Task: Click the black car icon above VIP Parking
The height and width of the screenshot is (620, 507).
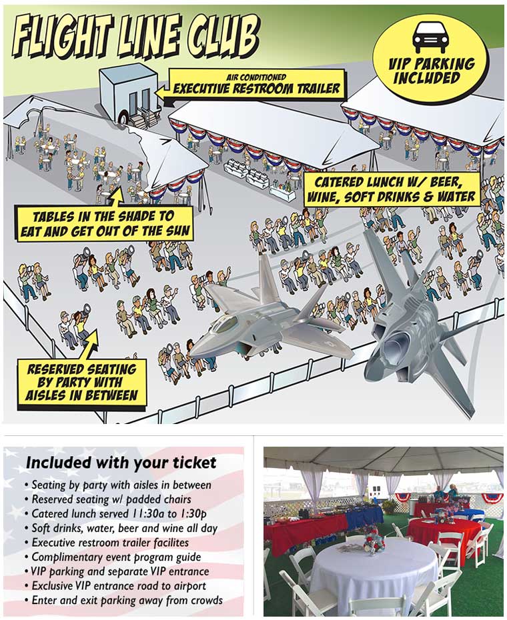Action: point(430,37)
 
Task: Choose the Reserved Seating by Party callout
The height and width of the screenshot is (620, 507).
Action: point(82,383)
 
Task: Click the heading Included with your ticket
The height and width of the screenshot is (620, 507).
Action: point(121,463)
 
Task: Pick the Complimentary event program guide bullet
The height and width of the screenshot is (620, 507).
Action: point(113,557)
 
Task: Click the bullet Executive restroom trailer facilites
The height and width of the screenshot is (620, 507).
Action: point(107,543)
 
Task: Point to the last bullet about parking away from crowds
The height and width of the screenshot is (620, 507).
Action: point(124,600)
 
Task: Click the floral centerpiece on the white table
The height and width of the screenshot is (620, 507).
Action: point(374,539)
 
